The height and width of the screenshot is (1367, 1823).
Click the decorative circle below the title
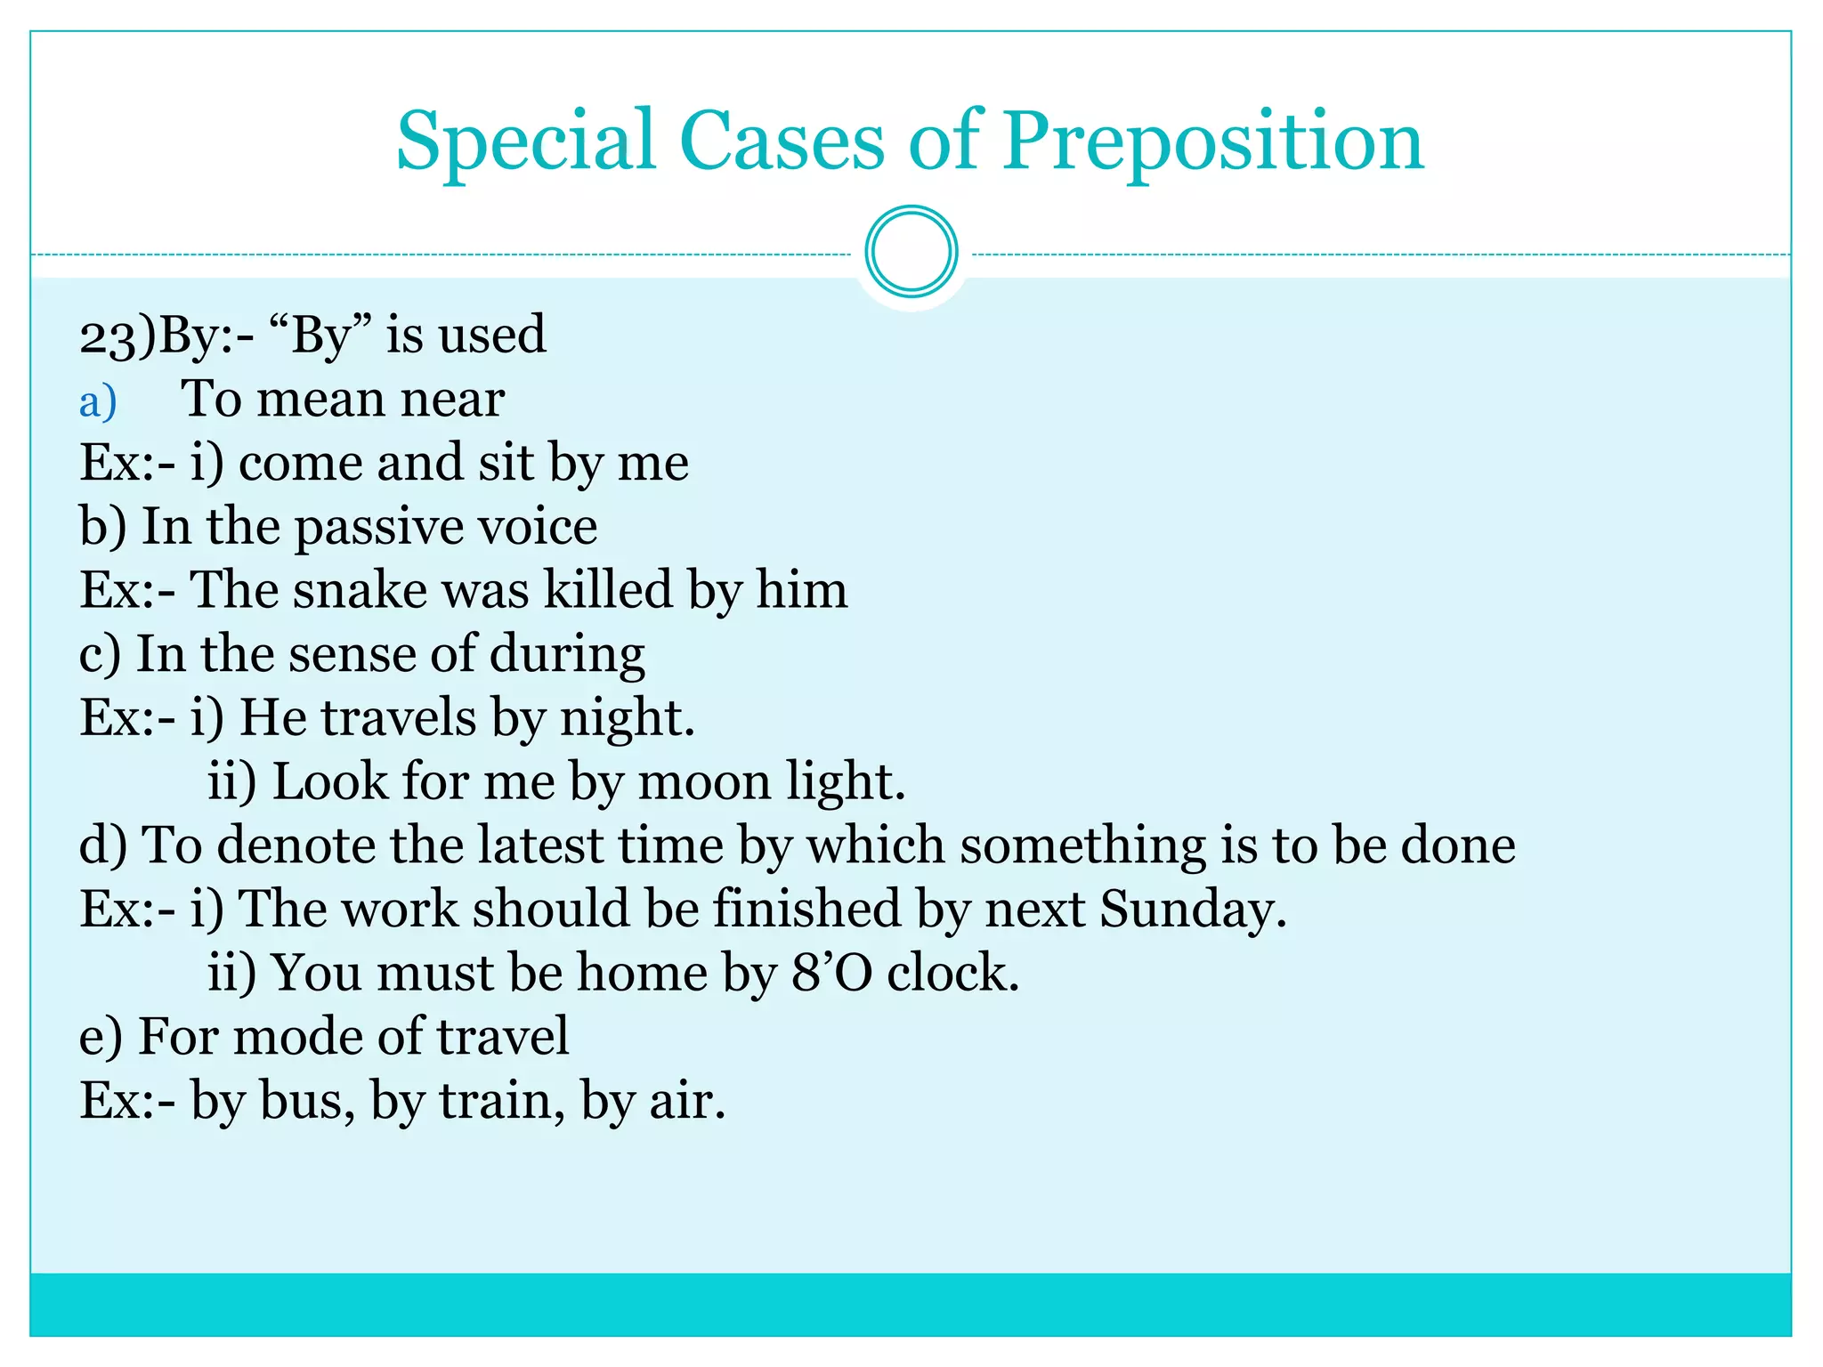pos(911,252)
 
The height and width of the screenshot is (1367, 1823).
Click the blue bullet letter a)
pos(98,401)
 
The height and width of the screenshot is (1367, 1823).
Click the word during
pos(567,654)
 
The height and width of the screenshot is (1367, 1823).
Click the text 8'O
pos(831,973)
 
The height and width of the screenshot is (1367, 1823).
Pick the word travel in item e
pos(502,1037)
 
